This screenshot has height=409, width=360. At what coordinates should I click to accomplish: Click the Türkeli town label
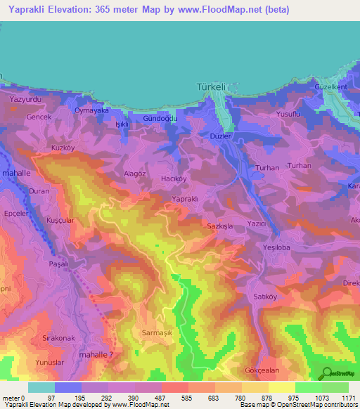210,87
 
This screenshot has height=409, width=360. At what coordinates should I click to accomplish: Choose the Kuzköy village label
63,148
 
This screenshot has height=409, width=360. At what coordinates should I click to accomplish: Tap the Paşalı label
58,263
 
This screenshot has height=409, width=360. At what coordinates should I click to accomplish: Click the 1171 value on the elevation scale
349,398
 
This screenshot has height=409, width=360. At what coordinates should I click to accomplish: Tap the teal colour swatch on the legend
41,387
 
